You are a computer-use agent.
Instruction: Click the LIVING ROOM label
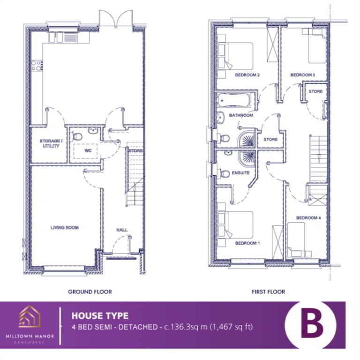pyautogui.click(x=65, y=227)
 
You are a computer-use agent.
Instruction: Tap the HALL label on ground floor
pyautogui.click(x=122, y=230)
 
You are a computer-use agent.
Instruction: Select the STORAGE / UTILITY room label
pyautogui.click(x=51, y=143)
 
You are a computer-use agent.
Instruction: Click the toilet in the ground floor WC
pyautogui.click(x=77, y=136)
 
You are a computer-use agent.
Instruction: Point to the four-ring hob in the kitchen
pyautogui.click(x=37, y=65)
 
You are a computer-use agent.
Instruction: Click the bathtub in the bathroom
pyautogui.click(x=234, y=100)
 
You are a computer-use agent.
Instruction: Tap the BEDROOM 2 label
pyautogui.click(x=247, y=75)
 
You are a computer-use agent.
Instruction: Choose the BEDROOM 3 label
pyautogui.click(x=302, y=75)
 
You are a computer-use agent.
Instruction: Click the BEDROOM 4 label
pyautogui.click(x=308, y=217)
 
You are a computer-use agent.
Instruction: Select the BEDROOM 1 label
pyautogui.click(x=247, y=243)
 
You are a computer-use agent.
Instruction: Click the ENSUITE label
pyautogui.click(x=240, y=172)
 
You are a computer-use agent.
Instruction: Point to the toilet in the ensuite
pyautogui.click(x=225, y=173)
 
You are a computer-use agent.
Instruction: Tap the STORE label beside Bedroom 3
pyautogui.click(x=315, y=91)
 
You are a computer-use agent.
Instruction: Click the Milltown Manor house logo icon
pyautogui.click(x=30, y=316)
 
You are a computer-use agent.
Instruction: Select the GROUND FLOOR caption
pyautogui.click(x=90, y=292)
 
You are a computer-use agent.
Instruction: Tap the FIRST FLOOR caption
pyautogui.click(x=269, y=292)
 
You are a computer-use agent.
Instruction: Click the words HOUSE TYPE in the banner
pyautogui.click(x=100, y=315)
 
